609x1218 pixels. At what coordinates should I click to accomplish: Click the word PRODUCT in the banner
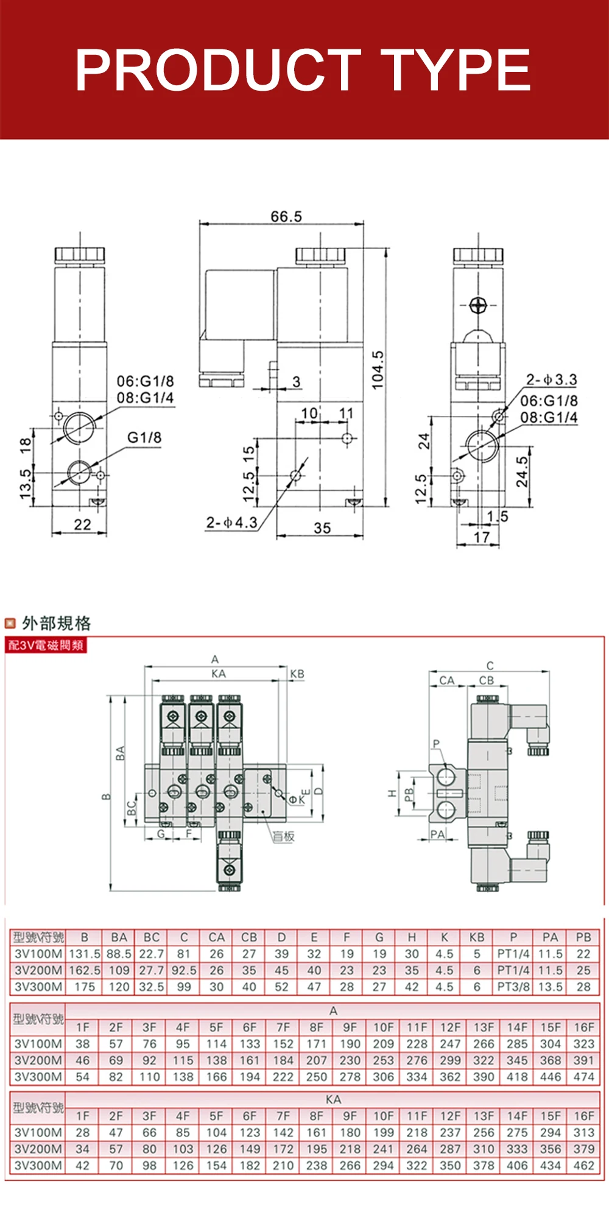(x=218, y=70)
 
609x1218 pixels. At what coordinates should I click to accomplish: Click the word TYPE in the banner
(x=458, y=70)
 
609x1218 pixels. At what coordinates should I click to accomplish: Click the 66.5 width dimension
(x=286, y=216)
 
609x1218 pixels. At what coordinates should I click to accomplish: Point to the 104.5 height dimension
(x=378, y=370)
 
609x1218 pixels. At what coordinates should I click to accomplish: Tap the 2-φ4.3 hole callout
(x=231, y=523)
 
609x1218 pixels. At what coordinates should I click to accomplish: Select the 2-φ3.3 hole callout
(x=551, y=379)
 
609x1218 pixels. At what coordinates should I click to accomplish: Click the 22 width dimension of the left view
(x=82, y=524)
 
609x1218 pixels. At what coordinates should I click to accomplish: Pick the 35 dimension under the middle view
(x=322, y=527)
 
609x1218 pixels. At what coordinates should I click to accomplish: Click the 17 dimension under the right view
(x=481, y=537)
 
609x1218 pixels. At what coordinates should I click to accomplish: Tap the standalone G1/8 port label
(x=144, y=437)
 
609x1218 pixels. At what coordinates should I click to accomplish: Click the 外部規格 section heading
(x=56, y=623)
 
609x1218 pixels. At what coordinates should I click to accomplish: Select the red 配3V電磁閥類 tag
(x=46, y=645)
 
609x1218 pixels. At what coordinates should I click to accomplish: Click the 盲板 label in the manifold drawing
(x=283, y=836)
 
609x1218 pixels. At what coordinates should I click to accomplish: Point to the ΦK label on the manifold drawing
(x=297, y=800)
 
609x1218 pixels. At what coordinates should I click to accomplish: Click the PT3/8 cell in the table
(x=513, y=987)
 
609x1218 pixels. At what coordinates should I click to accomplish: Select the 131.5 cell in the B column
(x=85, y=954)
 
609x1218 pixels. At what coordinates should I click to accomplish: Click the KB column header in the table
(x=477, y=937)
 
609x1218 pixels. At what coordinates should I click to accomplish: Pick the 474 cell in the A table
(x=583, y=1077)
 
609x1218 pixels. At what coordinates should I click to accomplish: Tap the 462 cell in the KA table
(x=583, y=1166)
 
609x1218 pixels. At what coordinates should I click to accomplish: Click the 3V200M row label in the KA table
(x=38, y=1149)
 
